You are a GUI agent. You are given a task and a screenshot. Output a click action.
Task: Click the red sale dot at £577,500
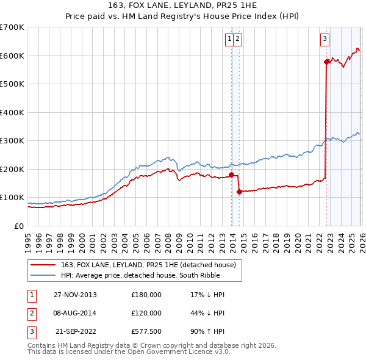326,62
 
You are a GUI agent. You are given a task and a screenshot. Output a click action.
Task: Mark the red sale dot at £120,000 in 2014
239,192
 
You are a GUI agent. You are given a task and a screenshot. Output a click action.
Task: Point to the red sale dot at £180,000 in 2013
232,175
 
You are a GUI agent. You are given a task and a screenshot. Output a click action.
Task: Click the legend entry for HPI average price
149,275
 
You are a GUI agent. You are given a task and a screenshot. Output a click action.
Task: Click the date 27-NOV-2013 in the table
75,295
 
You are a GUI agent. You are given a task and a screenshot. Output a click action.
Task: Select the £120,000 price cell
146,313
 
